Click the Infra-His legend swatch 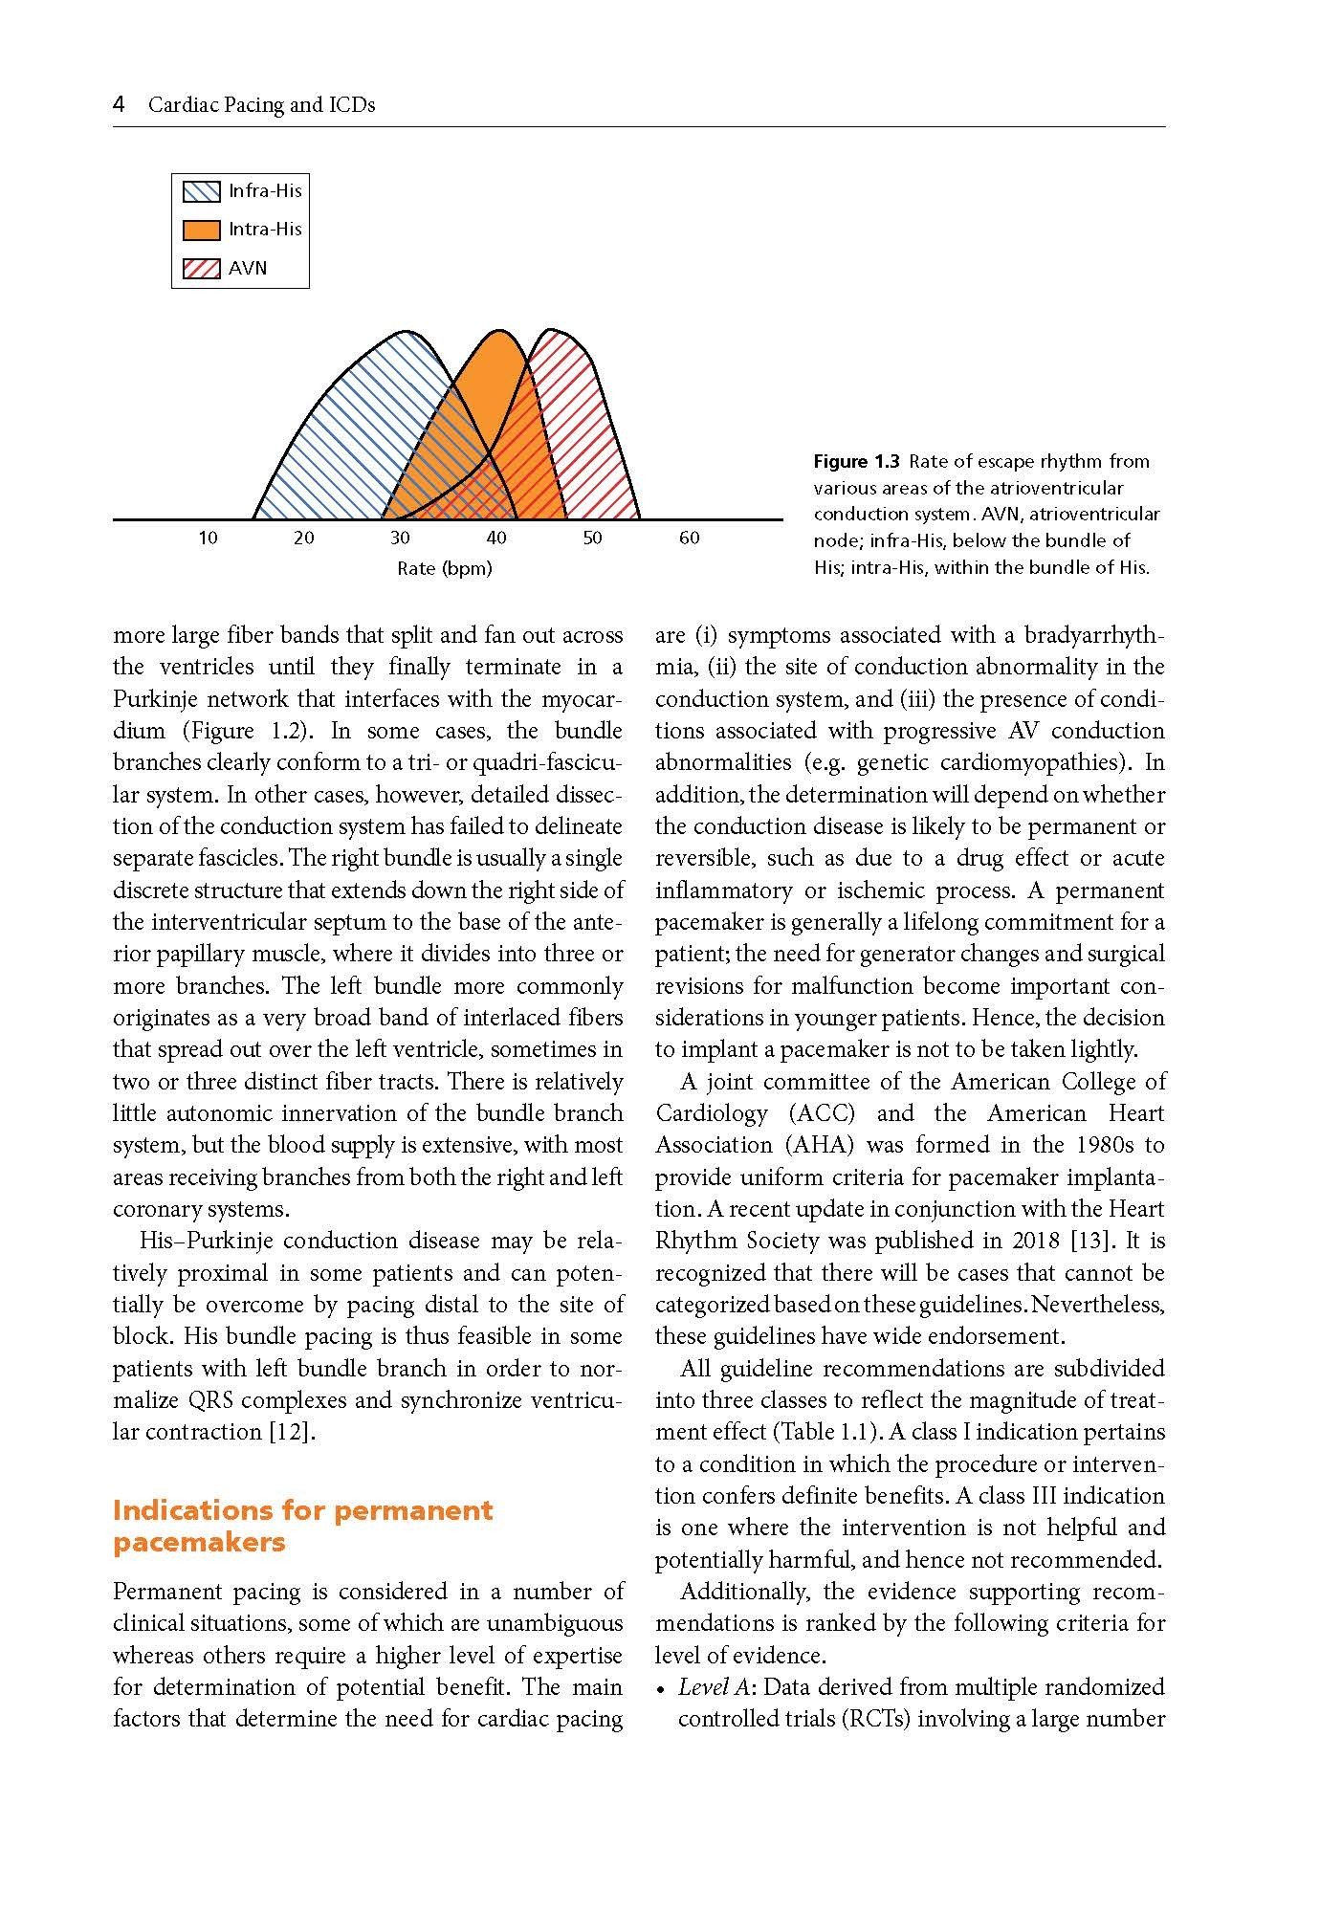tap(201, 191)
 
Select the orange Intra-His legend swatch tap(201, 230)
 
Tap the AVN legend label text tap(248, 269)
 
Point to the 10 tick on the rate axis tap(208, 539)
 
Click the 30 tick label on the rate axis tap(400, 539)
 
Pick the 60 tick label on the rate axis tap(689, 539)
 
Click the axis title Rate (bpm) tap(445, 569)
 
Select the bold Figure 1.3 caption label tap(856, 462)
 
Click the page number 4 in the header tap(119, 104)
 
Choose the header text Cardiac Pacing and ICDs tap(261, 105)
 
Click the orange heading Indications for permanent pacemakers tap(302, 1526)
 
